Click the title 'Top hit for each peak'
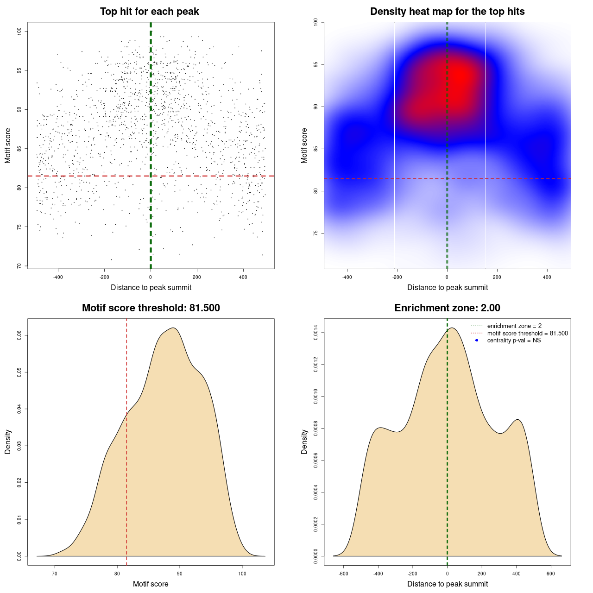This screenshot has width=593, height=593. coord(149,12)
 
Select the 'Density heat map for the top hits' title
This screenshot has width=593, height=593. coord(447,12)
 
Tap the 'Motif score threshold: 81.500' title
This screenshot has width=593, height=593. coord(151,308)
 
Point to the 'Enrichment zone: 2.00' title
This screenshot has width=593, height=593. coord(447,308)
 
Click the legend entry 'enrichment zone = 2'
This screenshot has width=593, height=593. coord(514,326)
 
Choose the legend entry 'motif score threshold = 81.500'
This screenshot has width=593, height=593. coord(527,333)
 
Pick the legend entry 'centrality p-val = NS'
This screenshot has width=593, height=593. coord(514,340)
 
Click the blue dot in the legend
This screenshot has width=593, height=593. coord(477,340)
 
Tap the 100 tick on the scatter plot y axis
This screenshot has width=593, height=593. coord(19,31)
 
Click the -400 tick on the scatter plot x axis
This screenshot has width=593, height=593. coord(58,277)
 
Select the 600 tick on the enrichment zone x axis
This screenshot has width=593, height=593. coord(551,574)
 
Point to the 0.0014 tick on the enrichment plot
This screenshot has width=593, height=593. coord(315,333)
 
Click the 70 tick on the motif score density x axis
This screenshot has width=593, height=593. coord(55,574)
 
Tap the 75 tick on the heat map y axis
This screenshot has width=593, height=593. coord(315,233)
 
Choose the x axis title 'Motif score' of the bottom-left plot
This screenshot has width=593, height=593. coord(151,584)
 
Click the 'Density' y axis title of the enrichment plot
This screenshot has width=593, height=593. coord(304,442)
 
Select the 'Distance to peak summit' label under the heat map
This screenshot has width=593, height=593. coord(447,287)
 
